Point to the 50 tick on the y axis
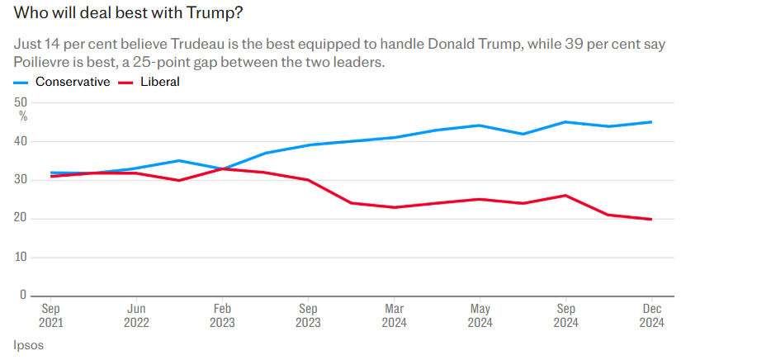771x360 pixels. pyautogui.click(x=21, y=102)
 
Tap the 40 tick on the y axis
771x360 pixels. pyautogui.click(x=21, y=141)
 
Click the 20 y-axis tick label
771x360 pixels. pyautogui.click(x=21, y=218)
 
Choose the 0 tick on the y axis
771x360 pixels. pyautogui.click(x=24, y=295)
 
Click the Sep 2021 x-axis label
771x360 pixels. pyautogui.click(x=50, y=315)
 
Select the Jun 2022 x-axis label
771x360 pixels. pyautogui.click(x=136, y=315)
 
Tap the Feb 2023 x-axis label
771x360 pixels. pyautogui.click(x=222, y=315)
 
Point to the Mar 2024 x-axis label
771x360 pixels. pyautogui.click(x=394, y=315)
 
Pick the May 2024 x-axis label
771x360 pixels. pyautogui.click(x=480, y=315)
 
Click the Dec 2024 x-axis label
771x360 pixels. pyautogui.click(x=651, y=315)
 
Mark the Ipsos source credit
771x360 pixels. pyautogui.click(x=29, y=345)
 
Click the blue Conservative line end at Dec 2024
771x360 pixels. pyautogui.click(x=651, y=122)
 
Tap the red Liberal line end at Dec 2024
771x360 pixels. pyautogui.click(x=651, y=219)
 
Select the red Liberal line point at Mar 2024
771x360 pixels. pyautogui.click(x=394, y=207)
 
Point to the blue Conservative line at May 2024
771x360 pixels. pyautogui.click(x=480, y=126)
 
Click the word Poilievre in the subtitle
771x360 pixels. pyautogui.click(x=44, y=63)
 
